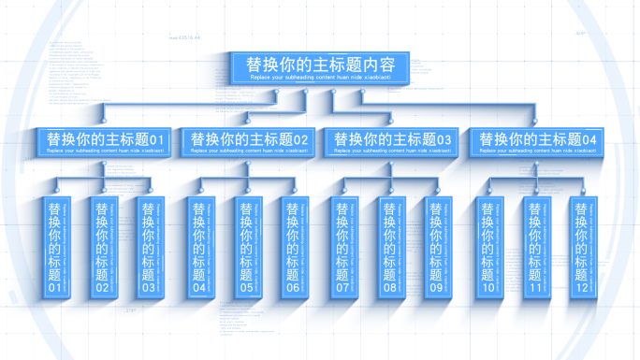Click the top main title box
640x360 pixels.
[320, 69]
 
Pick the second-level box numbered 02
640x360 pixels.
[249, 142]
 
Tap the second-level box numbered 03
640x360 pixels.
[393, 142]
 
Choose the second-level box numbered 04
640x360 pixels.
[537, 142]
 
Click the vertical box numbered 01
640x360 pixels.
[55, 248]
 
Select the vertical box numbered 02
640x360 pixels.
[101, 248]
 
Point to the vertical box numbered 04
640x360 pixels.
[199, 248]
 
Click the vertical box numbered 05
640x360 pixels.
[245, 248]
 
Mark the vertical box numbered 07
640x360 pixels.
[343, 248]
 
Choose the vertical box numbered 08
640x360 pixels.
[389, 248]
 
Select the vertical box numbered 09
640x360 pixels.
[435, 248]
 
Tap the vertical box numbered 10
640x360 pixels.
[487, 248]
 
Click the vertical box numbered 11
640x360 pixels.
[533, 248]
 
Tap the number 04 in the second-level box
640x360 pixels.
[589, 140]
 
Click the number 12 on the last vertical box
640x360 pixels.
[580, 289]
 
